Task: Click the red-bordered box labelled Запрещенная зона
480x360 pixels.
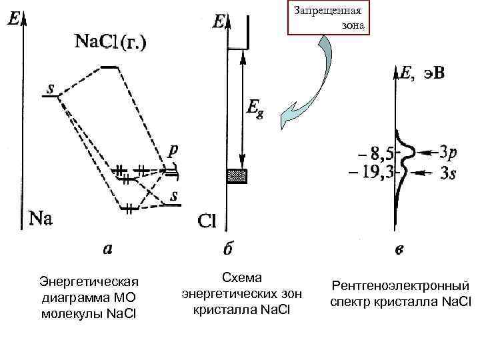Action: coord(326,18)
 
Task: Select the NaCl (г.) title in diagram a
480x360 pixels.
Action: coord(111,41)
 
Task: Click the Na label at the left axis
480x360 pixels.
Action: coord(41,218)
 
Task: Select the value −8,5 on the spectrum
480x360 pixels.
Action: coord(373,155)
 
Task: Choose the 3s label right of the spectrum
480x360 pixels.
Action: coord(449,173)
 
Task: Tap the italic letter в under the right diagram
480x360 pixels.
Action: coord(398,251)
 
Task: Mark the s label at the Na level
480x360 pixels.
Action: coord(51,88)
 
